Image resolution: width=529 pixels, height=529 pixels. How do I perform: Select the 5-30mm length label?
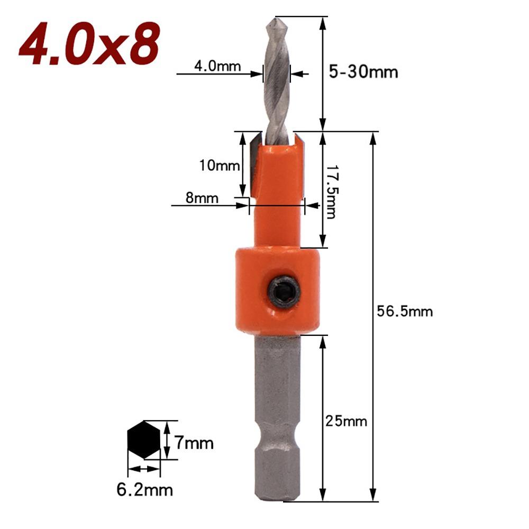point(363,71)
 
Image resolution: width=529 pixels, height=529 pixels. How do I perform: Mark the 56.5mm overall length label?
point(404,312)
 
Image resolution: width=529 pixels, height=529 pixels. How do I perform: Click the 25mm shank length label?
point(346,422)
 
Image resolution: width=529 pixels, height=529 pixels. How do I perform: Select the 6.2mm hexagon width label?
point(144,490)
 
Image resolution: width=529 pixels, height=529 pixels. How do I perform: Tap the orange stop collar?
point(277,291)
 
